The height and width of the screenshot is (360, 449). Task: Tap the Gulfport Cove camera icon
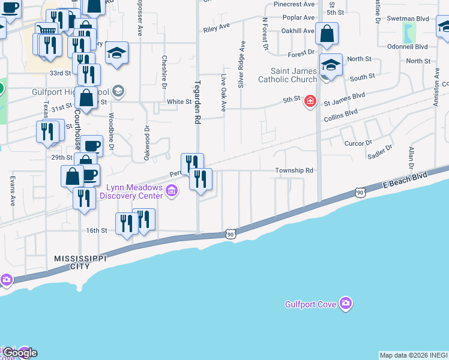(345, 304)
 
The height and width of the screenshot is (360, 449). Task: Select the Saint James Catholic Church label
(288, 76)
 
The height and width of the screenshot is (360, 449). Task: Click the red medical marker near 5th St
(310, 101)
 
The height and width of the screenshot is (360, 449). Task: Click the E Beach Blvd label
(406, 182)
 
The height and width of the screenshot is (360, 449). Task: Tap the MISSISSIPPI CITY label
(80, 262)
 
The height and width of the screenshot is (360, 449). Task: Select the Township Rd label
(295, 170)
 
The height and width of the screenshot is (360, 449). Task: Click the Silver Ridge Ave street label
(241, 64)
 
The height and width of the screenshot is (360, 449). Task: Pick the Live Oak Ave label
(223, 93)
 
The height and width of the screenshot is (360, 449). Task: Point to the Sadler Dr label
(379, 152)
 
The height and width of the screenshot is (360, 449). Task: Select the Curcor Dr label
(358, 143)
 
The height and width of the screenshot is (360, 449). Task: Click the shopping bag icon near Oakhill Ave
(327, 35)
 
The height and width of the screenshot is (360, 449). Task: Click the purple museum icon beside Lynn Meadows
(172, 191)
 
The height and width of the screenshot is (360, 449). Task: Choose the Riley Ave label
(217, 28)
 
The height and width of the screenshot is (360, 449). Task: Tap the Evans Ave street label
(12, 191)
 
